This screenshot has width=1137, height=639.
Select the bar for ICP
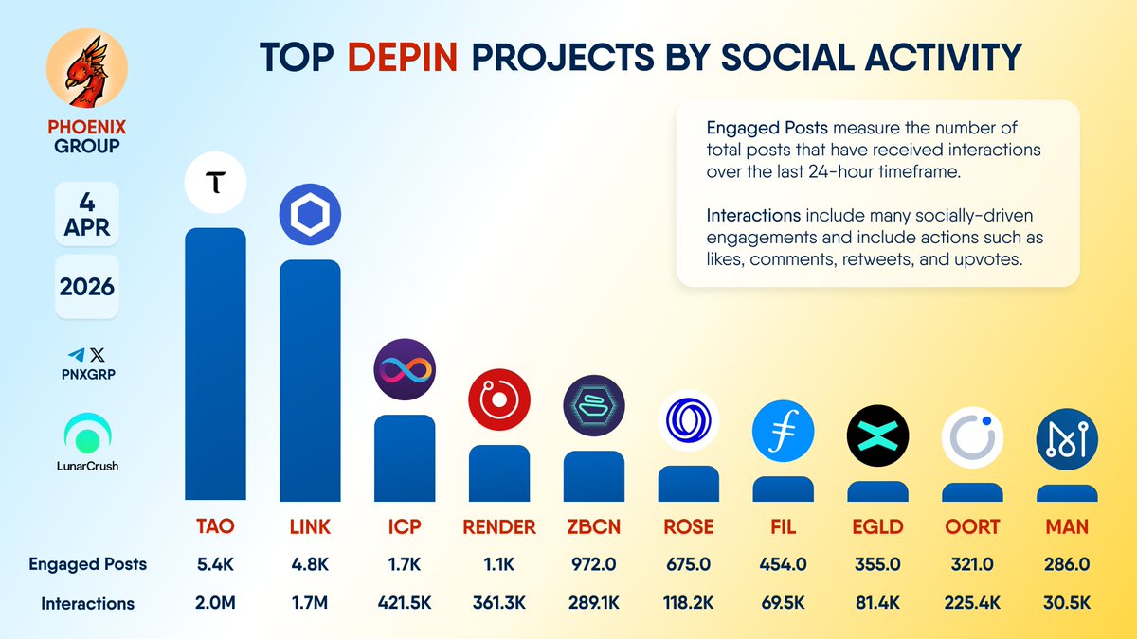405,458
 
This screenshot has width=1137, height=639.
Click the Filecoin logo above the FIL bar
783,433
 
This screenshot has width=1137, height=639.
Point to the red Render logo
499,401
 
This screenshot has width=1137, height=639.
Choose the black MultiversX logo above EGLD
877,435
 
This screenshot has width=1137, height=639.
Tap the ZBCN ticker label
594,526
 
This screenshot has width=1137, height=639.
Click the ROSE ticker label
689,526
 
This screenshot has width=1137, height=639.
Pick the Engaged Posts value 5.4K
215,564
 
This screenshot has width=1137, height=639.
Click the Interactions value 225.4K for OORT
972,602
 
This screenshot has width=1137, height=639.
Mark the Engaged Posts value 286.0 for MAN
1067,564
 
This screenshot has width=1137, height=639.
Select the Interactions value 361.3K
499,602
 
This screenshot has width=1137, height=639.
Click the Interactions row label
87,603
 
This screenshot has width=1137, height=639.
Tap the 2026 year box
86,286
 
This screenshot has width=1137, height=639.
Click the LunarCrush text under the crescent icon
86,466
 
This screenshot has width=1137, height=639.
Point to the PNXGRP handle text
86,375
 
